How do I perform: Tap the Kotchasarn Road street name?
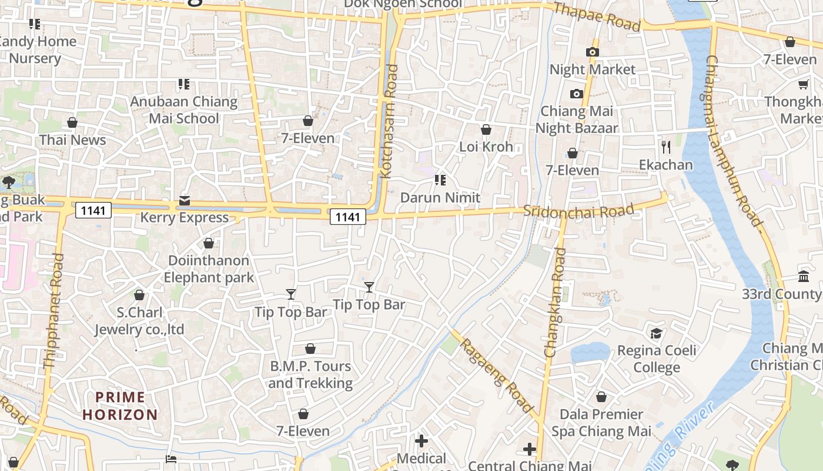pos(389,121)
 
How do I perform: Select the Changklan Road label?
pos(555,303)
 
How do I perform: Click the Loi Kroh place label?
pos(486,147)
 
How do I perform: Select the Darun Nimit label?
pos(440,197)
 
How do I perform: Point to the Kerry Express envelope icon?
pos(185,201)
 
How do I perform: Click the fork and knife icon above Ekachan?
pos(666,147)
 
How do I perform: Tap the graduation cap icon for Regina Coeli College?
pos(656,334)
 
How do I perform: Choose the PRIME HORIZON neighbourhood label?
pos(120,406)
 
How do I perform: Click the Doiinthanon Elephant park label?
pos(209,268)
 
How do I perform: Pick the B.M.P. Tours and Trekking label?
pos(310,374)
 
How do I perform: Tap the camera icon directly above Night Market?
pos(593,52)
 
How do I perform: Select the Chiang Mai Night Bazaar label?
pos(576,120)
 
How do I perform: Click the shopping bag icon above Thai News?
pos(72,122)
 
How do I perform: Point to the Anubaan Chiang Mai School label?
pos(183,110)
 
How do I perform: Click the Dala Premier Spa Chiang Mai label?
pos(601,423)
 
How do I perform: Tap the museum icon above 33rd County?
pos(803,276)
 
